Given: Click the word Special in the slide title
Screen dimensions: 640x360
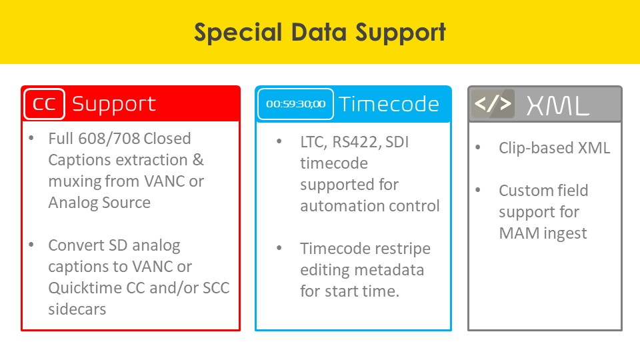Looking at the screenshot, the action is click(238, 33).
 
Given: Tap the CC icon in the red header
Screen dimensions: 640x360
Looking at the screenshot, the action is click(44, 104).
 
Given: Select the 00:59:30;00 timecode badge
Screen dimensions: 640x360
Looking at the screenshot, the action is click(295, 104).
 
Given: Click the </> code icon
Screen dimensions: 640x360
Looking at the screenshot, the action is click(493, 104).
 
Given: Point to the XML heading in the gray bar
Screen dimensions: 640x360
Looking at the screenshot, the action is click(558, 105).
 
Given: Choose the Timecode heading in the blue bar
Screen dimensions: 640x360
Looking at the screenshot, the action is click(389, 104).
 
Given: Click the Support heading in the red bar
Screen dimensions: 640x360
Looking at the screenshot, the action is click(114, 105).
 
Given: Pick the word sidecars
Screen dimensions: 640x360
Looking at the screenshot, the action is click(77, 309).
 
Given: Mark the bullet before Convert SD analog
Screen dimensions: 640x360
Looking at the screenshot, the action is click(31, 245).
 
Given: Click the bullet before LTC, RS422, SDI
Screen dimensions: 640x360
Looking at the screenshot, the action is click(279, 141).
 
